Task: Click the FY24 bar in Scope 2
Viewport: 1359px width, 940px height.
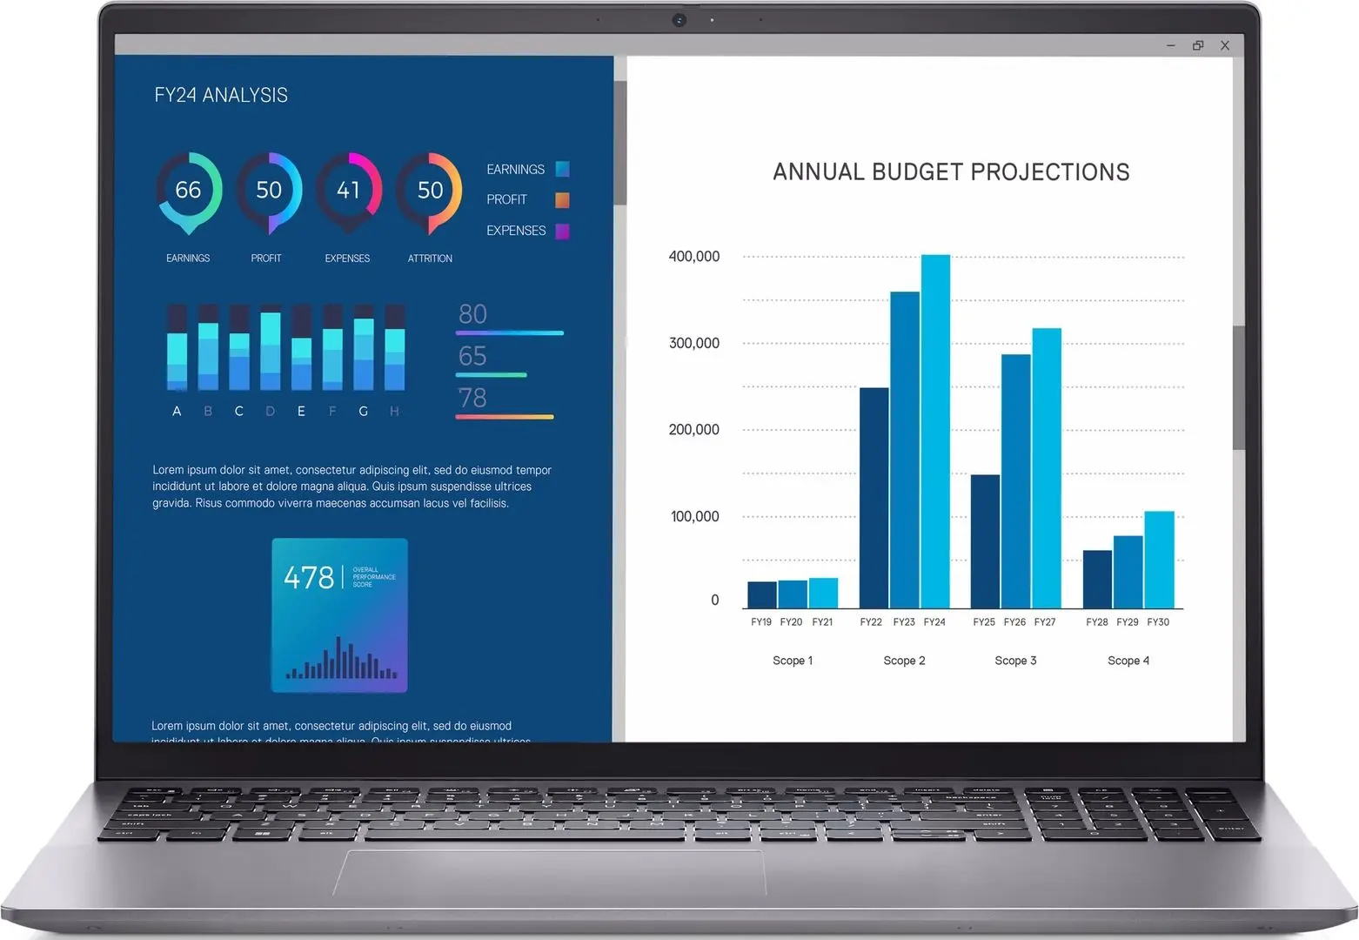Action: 935,432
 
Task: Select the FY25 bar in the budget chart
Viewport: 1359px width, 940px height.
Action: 985,541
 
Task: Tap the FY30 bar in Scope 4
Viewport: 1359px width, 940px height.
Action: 1159,560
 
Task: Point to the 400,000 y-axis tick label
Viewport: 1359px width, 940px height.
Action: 693,257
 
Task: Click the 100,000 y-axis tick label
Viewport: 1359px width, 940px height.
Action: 694,517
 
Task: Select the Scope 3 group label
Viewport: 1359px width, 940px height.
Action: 1015,661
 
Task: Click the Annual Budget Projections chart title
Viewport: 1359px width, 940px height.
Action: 951,172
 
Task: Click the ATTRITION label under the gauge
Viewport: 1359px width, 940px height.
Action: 430,258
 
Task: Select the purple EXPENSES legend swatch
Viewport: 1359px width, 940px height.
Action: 562,231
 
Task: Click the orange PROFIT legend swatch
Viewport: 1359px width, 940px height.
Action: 562,200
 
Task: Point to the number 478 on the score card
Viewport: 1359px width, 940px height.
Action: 309,578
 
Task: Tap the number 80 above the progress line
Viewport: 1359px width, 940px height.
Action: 472,314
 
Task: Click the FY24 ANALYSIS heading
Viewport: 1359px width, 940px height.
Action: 221,96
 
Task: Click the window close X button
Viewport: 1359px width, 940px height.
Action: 1225,45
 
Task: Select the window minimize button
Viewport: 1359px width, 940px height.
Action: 1171,45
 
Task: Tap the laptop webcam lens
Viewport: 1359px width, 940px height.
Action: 679,20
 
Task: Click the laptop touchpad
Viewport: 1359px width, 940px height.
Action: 550,871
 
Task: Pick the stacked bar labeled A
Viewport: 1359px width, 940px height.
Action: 177,348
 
